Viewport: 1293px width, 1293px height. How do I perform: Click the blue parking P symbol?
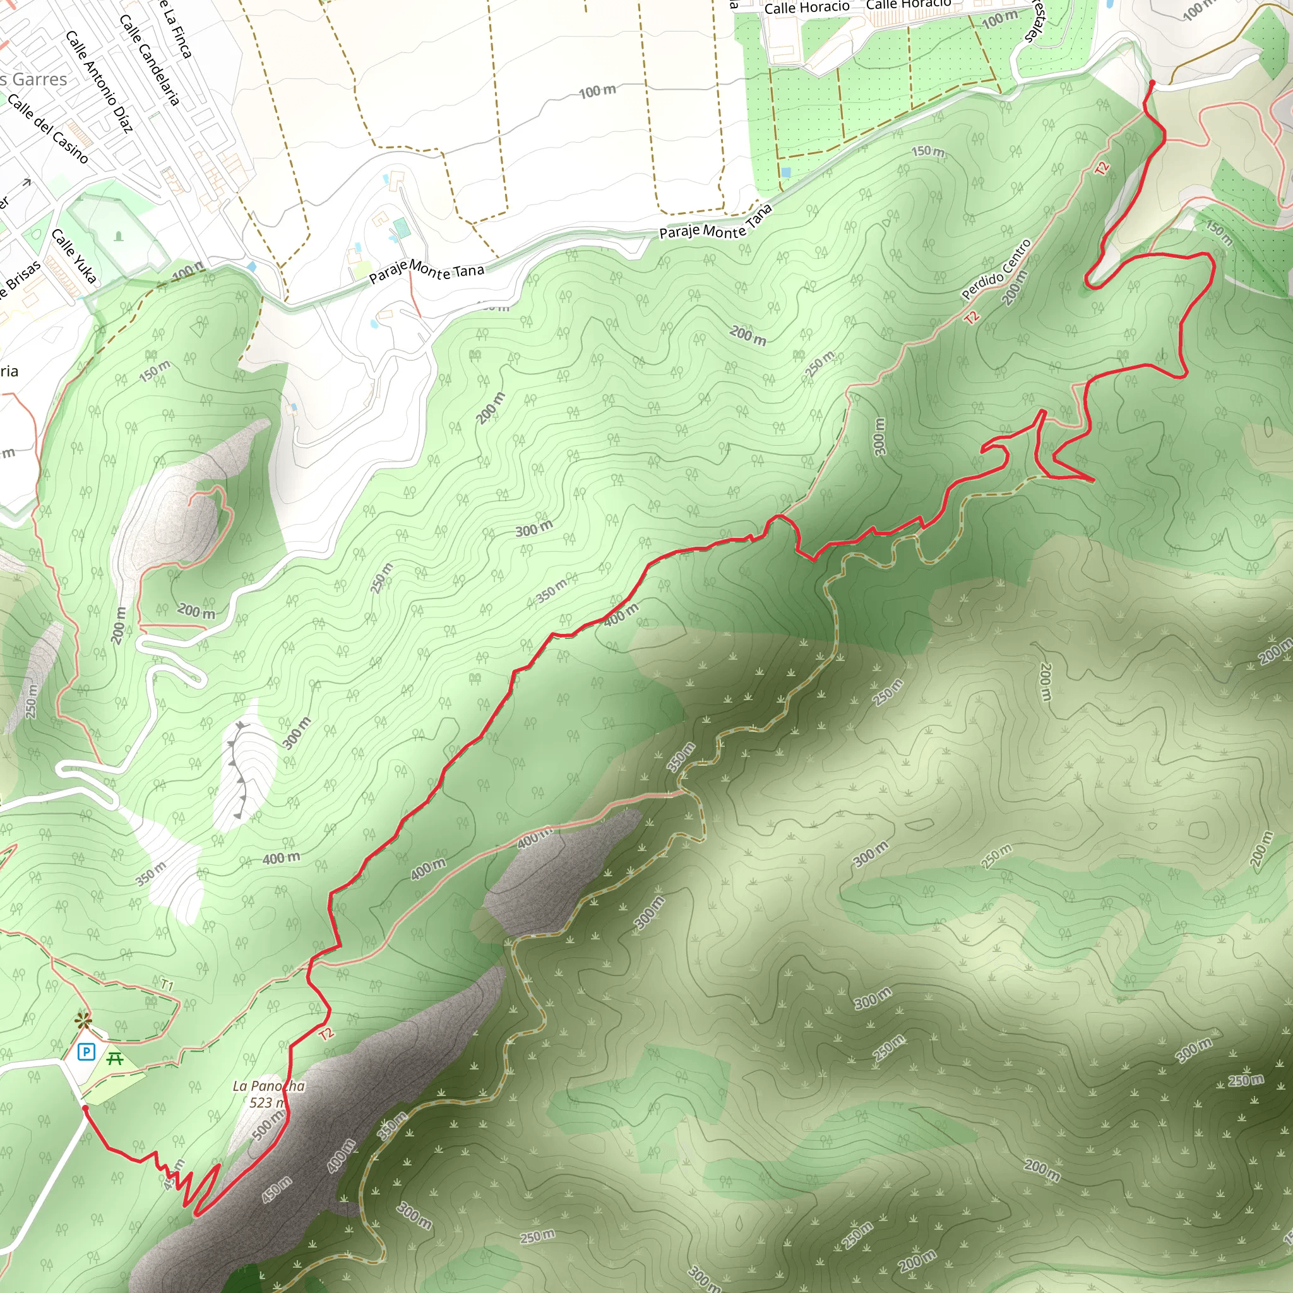[x=86, y=1052]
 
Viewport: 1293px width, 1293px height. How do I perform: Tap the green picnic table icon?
[x=114, y=1058]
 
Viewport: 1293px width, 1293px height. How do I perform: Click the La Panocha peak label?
[x=268, y=1085]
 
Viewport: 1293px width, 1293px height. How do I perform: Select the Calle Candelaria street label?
[x=149, y=59]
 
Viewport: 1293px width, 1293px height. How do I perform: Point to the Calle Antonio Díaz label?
[x=99, y=81]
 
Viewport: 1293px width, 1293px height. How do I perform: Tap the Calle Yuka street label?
[x=74, y=256]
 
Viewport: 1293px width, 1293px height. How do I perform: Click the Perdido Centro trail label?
[x=996, y=269]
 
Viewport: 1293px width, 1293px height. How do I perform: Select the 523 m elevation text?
[x=267, y=1102]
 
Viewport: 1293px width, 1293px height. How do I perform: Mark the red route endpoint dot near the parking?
[x=85, y=1108]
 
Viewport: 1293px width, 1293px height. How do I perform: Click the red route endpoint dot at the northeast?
[x=1152, y=83]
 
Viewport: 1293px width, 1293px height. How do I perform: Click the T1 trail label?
[x=167, y=985]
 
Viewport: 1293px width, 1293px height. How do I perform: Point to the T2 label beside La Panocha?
[x=326, y=1034]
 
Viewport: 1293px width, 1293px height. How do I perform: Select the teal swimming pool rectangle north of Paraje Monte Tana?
[x=402, y=228]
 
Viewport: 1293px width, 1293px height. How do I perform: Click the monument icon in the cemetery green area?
[x=119, y=235]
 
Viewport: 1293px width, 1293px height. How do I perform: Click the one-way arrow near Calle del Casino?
[x=27, y=182]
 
